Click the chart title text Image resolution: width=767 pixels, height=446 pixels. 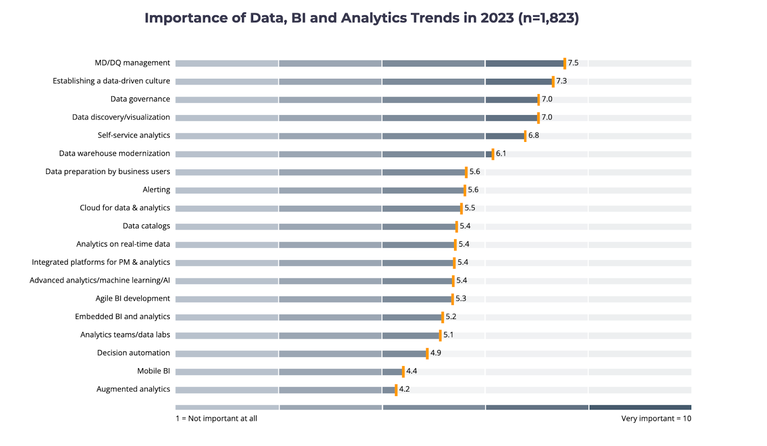coord(361,18)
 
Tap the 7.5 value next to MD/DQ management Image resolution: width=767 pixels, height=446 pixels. coord(573,63)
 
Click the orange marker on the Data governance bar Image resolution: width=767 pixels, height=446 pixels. coord(538,99)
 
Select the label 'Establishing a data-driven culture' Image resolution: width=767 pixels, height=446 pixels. coord(111,81)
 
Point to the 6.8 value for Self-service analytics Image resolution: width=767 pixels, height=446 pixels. coord(534,135)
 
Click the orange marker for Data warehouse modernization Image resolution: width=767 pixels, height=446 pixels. coord(493,154)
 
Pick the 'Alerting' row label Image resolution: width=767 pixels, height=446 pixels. coord(156,190)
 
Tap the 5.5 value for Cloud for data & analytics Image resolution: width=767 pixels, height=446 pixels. coord(470,208)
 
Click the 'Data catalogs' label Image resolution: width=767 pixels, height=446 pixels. coord(146,226)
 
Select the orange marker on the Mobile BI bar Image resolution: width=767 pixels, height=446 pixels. coord(403,372)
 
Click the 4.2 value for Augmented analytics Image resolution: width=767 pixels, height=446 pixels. coord(404,389)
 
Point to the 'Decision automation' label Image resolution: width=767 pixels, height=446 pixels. coord(133,353)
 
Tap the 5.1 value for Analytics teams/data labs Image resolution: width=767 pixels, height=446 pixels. coord(448,335)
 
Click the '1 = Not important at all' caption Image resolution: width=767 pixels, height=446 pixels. coord(216,419)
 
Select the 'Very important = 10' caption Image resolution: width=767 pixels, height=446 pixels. coord(656,419)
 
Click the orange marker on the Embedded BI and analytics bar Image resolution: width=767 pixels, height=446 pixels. coord(442,317)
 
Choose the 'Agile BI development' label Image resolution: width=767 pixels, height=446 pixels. coord(133,298)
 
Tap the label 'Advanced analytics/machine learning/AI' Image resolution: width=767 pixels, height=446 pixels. coord(100,281)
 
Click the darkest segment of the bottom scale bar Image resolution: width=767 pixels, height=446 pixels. coord(640,407)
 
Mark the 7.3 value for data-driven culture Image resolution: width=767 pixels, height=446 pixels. coord(561,81)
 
